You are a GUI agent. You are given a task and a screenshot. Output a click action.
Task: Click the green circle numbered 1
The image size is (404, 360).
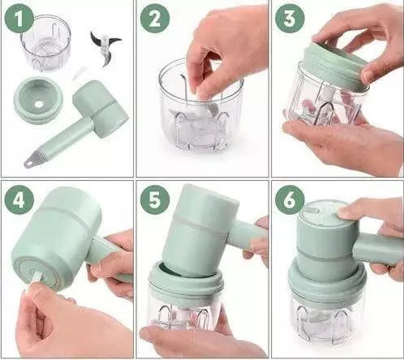tap(19, 19)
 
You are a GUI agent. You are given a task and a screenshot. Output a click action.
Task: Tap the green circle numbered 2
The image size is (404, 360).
tap(155, 19)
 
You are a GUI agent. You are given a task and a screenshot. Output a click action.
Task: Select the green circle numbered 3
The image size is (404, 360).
tap(290, 19)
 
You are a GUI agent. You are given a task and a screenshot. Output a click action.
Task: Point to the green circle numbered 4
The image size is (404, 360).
tap(19, 200)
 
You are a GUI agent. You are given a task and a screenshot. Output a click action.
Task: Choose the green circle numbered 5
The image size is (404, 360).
tap(155, 200)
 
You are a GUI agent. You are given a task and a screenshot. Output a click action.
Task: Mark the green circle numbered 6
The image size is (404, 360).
tap(290, 200)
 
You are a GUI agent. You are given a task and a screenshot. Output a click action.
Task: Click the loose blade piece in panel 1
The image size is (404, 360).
tap(105, 49)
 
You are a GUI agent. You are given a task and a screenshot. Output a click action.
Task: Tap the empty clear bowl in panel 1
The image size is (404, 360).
tap(46, 43)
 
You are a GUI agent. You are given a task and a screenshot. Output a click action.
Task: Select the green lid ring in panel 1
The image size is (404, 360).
tap(38, 101)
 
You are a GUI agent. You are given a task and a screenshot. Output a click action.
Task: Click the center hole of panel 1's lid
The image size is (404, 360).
tap(39, 104)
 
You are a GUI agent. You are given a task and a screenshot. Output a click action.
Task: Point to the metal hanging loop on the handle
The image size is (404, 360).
tap(31, 161)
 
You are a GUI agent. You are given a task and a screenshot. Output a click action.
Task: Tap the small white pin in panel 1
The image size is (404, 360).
tap(78, 75)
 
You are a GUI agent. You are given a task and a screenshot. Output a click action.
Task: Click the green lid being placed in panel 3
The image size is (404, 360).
tap(335, 66)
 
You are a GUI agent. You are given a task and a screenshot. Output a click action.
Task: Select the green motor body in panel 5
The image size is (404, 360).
tap(200, 229)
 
